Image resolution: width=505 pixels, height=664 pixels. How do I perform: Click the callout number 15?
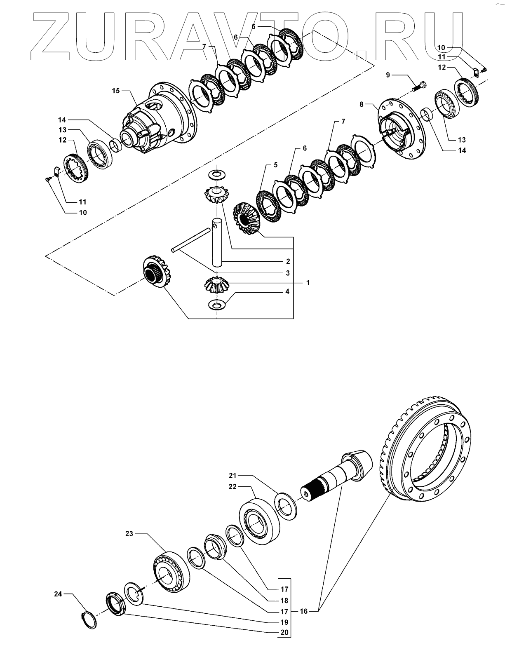(116, 91)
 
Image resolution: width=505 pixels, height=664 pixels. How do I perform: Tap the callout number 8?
(362, 104)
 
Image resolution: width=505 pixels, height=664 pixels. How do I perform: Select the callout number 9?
(388, 75)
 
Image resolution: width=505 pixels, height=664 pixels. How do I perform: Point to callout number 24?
(58, 594)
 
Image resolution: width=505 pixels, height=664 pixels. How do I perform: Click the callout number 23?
(129, 534)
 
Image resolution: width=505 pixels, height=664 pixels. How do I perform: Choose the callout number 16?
(303, 611)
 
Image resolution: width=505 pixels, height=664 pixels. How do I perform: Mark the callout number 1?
(308, 283)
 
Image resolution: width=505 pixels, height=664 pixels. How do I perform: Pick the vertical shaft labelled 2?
(217, 243)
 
